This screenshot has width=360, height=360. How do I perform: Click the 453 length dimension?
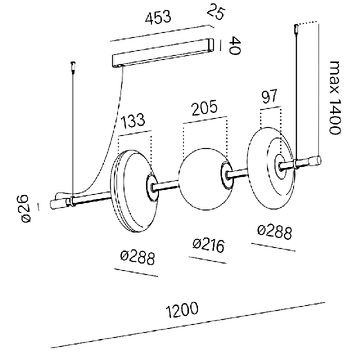tap(158, 17)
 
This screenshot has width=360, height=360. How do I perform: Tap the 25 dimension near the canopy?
tap(216, 11)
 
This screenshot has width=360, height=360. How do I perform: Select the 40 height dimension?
tap(234, 45)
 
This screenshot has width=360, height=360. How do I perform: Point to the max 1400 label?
tap(335, 98)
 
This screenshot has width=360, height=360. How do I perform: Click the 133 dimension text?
tap(132, 121)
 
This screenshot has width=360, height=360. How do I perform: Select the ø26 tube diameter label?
tap(25, 208)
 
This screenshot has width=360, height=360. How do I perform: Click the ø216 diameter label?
tap(208, 245)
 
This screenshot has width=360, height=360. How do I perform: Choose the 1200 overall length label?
tap(182, 309)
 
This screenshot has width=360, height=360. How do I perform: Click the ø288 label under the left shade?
tap(137, 258)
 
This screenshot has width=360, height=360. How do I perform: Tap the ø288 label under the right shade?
tap(274, 232)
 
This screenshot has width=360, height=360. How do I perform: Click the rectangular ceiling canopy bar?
tap(163, 53)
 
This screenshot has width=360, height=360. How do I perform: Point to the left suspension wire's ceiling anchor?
tap(73, 67)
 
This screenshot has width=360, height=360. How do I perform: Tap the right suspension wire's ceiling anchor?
tap(296, 29)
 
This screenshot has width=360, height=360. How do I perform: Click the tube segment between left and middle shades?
tap(166, 185)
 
